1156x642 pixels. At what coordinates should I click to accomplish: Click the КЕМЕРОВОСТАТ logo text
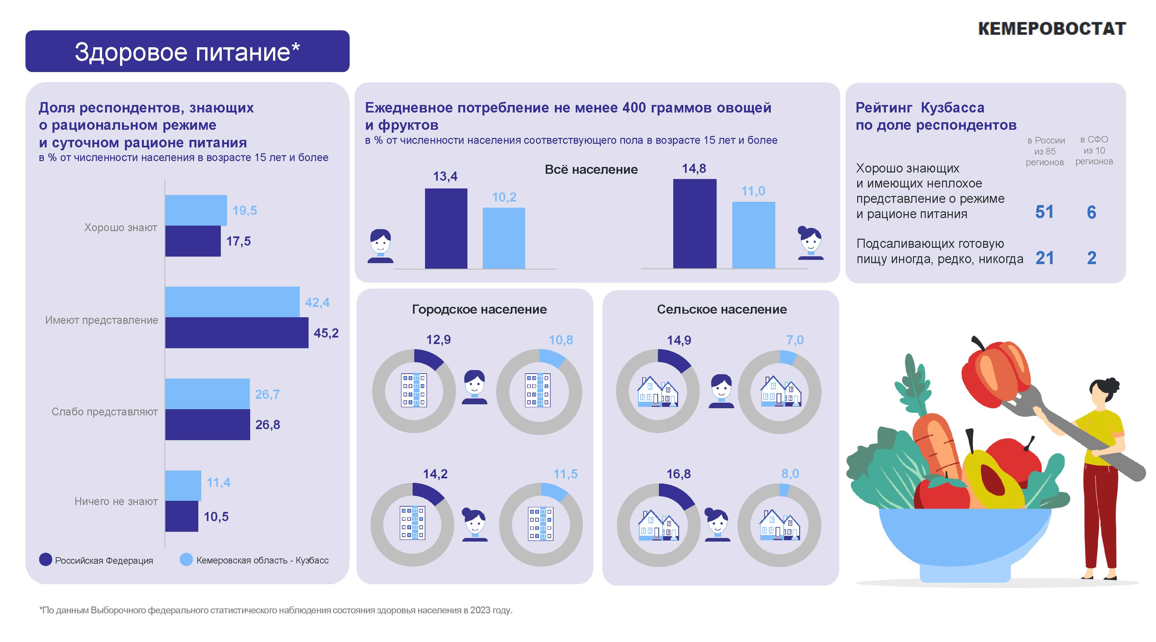[x=1051, y=29]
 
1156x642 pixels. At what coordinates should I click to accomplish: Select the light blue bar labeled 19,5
[x=196, y=210]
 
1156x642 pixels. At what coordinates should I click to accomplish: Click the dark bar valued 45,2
[x=236, y=333]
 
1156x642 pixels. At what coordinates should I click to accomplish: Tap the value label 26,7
[x=267, y=394]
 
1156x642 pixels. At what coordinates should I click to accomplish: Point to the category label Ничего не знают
[x=116, y=501]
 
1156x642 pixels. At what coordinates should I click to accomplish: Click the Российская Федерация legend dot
[x=46, y=560]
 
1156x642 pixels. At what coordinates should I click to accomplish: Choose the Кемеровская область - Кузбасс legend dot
[x=186, y=560]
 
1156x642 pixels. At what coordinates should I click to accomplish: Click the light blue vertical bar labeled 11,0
[x=753, y=235]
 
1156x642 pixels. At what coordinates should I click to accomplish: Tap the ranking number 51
[x=1044, y=212]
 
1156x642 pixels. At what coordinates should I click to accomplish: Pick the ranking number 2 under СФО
[x=1091, y=258]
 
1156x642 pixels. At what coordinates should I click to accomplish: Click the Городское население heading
[x=479, y=309]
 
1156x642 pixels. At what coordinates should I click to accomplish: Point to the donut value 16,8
[x=678, y=474]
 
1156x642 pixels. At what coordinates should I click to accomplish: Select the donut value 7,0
[x=794, y=340]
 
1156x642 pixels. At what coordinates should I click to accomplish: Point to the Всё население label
[x=591, y=170]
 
